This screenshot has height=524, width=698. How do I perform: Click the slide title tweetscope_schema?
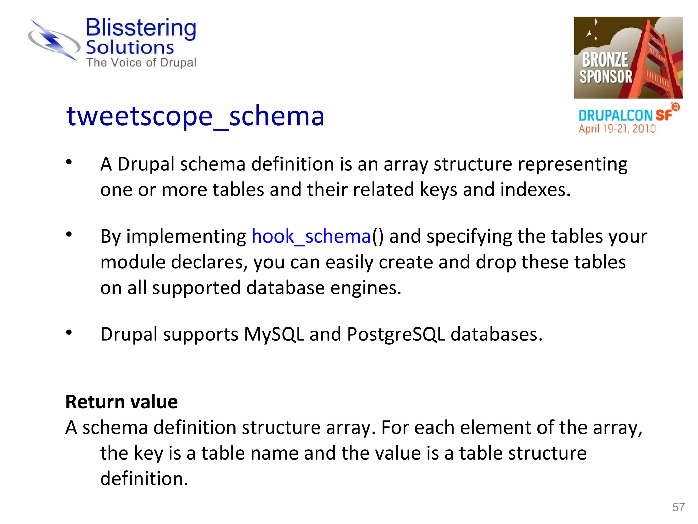[x=195, y=116]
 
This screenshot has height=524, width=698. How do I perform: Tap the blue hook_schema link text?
[x=311, y=236]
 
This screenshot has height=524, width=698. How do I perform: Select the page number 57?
[x=678, y=507]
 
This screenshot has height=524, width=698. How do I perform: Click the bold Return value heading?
[x=122, y=402]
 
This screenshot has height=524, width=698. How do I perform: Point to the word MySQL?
[x=274, y=334]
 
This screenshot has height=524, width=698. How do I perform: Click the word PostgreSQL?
[x=396, y=334]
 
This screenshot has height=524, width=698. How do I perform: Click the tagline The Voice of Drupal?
[x=141, y=62]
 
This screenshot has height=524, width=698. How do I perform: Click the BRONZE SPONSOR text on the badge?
[x=606, y=68]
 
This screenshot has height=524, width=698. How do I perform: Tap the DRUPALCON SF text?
[x=625, y=115]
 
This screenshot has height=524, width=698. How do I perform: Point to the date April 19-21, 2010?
[x=617, y=129]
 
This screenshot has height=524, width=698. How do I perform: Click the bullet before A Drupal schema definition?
[x=69, y=162]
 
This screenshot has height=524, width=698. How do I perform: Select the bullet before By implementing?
[x=69, y=234]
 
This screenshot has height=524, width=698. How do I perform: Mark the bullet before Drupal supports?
[x=69, y=332]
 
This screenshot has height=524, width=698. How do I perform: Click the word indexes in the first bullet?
[x=535, y=190]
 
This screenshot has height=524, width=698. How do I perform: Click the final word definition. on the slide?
[x=144, y=478]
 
